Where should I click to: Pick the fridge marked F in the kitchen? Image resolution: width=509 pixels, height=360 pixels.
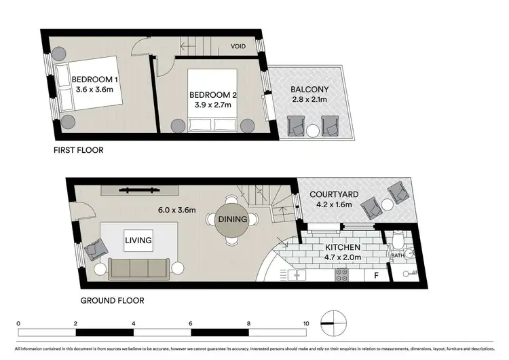tap(375, 275)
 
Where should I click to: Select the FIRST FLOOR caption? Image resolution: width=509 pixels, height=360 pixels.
tap(78, 150)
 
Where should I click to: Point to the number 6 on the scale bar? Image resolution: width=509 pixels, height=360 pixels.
tap(191, 323)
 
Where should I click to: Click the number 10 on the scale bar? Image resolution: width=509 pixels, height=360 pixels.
tap(307, 323)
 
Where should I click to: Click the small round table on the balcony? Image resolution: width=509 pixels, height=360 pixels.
tap(313, 130)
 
